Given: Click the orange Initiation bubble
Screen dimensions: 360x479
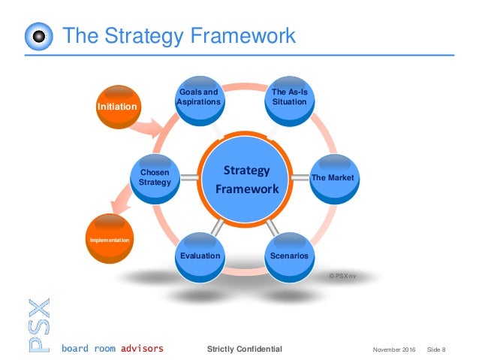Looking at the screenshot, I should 117,107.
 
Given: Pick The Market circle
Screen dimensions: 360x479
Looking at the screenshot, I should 333,177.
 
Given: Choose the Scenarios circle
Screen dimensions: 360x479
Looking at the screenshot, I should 289,256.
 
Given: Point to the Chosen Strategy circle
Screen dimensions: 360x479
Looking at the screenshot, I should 154,177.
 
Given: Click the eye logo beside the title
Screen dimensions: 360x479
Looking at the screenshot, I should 38,37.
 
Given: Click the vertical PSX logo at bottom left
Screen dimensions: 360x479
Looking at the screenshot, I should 38,324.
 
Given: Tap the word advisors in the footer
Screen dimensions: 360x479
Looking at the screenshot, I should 137,349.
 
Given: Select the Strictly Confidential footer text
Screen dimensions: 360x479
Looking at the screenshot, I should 245,349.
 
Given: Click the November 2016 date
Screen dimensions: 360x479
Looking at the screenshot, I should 393,349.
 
